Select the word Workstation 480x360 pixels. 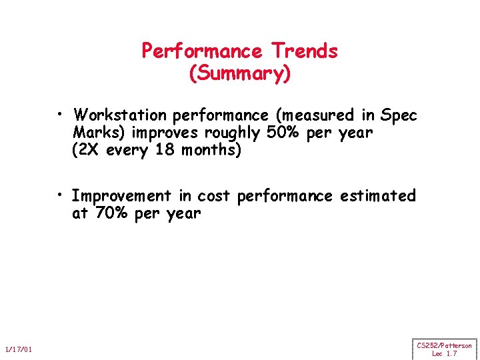pos(120,115)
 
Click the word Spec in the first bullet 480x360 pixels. pos(398,115)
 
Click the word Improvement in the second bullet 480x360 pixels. pos(121,196)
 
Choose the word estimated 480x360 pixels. pos(377,196)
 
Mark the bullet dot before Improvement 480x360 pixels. pos(60,195)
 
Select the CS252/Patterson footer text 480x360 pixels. pos(444,345)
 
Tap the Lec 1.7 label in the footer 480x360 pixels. pos(444,353)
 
